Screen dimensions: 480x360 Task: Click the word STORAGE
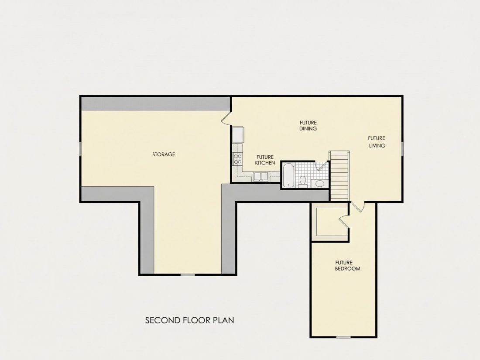coord(164,154)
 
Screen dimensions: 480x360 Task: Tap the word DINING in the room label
coord(308,129)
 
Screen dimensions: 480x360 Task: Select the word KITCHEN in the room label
coord(265,163)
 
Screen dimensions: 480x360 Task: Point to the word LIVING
coord(377,145)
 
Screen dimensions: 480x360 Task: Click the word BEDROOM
coord(347,269)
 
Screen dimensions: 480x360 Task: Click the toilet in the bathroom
coord(303,181)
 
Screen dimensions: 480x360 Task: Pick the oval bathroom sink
coord(319,184)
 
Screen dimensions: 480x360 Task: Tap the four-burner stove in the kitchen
coord(237,158)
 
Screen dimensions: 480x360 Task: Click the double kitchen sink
coord(260,177)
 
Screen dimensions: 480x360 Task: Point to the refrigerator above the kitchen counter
coord(238,135)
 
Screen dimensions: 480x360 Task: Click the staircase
coord(339,176)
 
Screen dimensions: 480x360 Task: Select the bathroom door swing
coord(322,166)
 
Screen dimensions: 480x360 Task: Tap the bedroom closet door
coord(344,221)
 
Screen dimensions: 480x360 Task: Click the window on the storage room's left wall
coord(80,149)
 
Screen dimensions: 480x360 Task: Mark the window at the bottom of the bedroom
coord(343,337)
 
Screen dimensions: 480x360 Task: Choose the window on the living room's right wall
coord(402,149)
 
